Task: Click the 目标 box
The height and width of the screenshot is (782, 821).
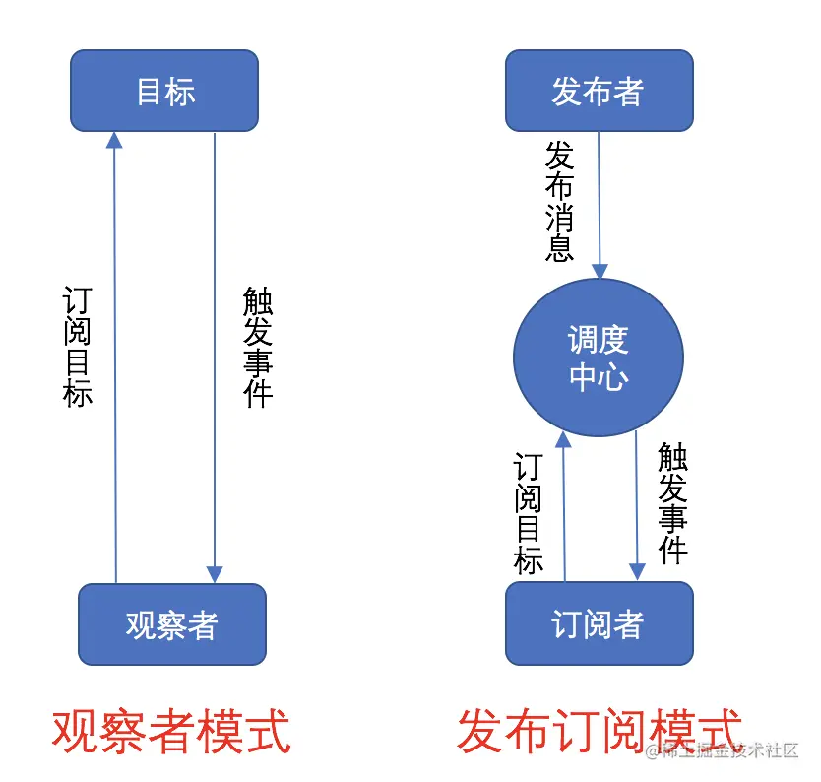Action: click(x=164, y=91)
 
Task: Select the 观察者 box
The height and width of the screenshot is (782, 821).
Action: click(x=171, y=624)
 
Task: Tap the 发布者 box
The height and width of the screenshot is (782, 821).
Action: click(x=599, y=91)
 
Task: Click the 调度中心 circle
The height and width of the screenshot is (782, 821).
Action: click(x=599, y=358)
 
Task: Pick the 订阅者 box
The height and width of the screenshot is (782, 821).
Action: click(x=599, y=624)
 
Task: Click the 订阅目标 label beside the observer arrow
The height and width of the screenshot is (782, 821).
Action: click(x=78, y=347)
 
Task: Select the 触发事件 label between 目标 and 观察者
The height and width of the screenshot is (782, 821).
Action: click(x=258, y=347)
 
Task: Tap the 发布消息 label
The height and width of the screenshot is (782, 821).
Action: click(x=559, y=201)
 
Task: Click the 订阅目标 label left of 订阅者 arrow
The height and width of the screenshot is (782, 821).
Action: click(x=529, y=513)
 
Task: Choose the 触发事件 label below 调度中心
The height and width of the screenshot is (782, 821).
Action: click(x=672, y=502)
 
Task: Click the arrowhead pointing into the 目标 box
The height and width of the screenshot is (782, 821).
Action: click(x=114, y=139)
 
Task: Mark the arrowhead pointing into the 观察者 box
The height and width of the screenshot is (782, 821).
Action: click(x=215, y=574)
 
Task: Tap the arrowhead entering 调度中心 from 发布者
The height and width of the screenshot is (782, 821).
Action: click(x=600, y=271)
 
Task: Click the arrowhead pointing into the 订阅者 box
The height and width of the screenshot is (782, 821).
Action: click(x=637, y=572)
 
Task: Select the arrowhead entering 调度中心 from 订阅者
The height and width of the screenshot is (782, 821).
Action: click(x=562, y=439)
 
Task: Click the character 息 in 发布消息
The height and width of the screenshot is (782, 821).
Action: click(x=559, y=247)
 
